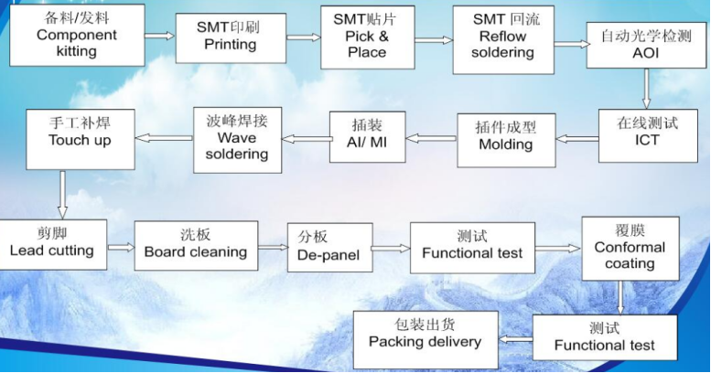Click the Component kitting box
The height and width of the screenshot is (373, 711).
coord(76,35)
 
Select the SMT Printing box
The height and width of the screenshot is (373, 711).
coord(230,36)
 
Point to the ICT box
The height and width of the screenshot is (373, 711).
coord(647,134)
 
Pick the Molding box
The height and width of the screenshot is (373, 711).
coord(505,138)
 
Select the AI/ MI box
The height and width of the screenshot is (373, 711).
coord(366,136)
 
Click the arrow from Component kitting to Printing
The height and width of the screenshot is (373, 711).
coord(159,37)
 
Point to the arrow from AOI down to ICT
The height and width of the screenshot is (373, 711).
coord(647,89)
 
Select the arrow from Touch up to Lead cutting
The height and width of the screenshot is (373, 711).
coord(62,195)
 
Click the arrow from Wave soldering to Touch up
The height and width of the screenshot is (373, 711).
coord(164,138)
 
